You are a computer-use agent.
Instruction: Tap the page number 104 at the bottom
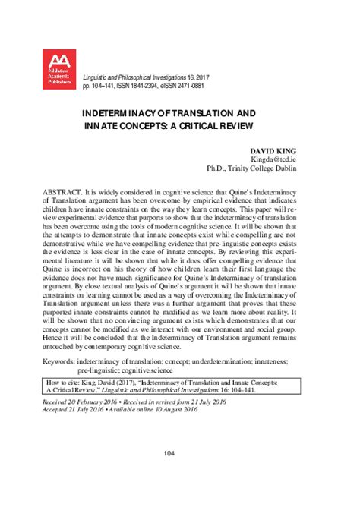pyautogui.click(x=179, y=474)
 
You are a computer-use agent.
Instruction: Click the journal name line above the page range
pyautogui.click(x=157, y=78)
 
